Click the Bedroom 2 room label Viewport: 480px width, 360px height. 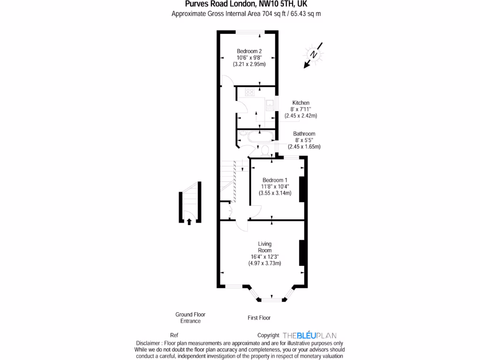click(x=249, y=51)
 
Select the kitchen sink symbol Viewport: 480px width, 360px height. click(x=270, y=105)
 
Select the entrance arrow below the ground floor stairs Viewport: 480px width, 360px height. click(x=189, y=221)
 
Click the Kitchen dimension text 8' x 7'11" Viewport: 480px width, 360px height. click(x=300, y=109)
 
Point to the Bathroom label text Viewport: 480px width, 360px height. click(x=304, y=134)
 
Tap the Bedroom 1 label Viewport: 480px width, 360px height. click(x=275, y=180)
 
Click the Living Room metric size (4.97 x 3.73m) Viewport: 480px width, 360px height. click(x=264, y=263)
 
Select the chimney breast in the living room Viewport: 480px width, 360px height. click(x=303, y=254)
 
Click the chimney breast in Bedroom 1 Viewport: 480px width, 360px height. click(x=303, y=189)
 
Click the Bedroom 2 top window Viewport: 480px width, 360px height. click(x=249, y=32)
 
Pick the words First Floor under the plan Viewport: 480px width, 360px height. click(x=259, y=318)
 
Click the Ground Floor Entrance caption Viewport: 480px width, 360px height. click(x=190, y=318)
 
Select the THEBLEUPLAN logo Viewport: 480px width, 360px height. click(x=309, y=336)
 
